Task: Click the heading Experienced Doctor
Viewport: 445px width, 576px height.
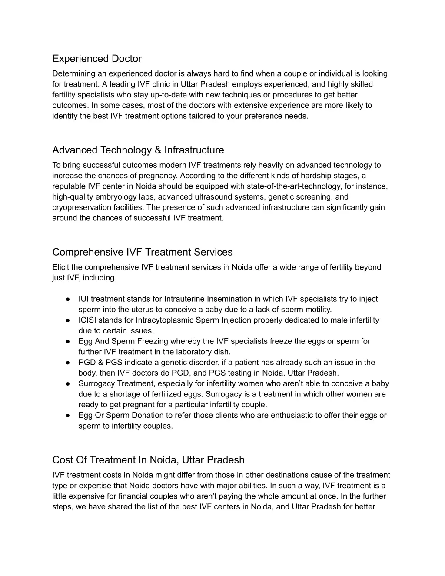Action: (x=97, y=58)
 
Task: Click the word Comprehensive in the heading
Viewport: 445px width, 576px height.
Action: (x=88, y=252)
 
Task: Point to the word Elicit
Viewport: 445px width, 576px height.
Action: (x=61, y=267)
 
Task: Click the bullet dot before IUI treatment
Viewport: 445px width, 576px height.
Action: (x=68, y=299)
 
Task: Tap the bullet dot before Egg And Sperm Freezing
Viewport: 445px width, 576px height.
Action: (x=68, y=341)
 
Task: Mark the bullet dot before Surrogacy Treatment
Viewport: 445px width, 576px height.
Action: (x=68, y=383)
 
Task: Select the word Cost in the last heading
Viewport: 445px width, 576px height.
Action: (x=62, y=460)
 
